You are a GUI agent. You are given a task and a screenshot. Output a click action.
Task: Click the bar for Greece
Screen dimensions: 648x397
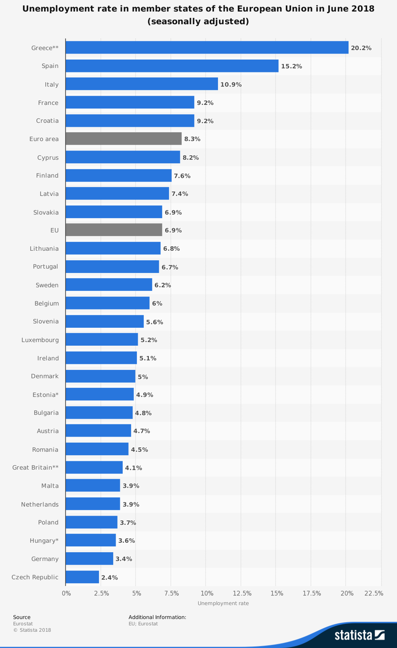tap(207, 48)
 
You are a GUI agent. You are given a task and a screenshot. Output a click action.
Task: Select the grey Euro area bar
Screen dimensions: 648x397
tap(124, 139)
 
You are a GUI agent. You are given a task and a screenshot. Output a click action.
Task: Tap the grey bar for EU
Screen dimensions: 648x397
tap(114, 230)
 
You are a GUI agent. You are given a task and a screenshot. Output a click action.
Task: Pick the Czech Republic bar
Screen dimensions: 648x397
tap(82, 577)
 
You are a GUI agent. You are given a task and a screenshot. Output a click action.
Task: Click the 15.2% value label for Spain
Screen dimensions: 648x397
tap(291, 66)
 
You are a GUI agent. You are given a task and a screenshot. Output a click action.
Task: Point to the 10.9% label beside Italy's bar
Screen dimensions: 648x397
tap(231, 84)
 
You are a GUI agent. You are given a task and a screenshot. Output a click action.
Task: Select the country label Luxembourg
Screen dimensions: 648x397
tap(40, 340)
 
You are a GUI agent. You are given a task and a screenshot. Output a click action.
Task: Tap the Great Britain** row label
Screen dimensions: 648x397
tap(35, 468)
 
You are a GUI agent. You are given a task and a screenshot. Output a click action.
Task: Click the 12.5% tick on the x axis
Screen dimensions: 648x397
tap(242, 593)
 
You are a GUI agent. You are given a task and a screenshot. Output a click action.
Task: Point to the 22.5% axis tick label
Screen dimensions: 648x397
tap(373, 593)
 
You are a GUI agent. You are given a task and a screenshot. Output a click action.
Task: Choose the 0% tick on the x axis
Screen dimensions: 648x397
tap(66, 593)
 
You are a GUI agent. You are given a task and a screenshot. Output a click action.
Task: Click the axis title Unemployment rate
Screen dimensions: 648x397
tap(223, 603)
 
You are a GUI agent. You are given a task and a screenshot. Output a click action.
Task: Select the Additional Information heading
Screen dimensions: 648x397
tap(157, 617)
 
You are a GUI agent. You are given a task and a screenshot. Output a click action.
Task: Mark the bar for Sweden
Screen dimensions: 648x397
tap(109, 285)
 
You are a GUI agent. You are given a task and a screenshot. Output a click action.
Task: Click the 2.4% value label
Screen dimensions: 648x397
tap(109, 577)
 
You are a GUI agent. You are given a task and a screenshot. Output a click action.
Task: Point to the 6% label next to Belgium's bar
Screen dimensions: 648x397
tap(157, 303)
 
